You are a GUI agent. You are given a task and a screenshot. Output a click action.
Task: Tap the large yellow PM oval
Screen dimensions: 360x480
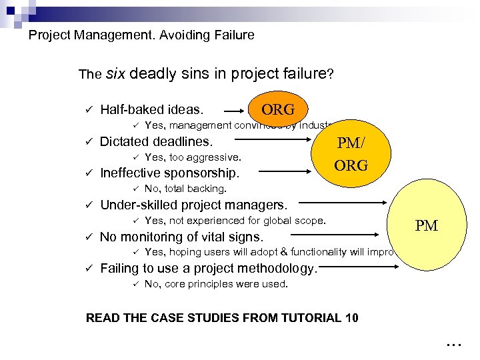[427, 225]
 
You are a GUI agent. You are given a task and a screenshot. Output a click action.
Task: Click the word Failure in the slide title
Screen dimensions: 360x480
[231, 35]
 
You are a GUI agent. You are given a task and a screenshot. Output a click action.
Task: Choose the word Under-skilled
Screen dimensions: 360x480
[139, 205]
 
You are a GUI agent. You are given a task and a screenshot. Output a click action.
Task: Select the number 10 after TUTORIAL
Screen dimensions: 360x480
[351, 317]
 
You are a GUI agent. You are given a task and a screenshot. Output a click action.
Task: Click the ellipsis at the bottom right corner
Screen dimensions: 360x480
[453, 345]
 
